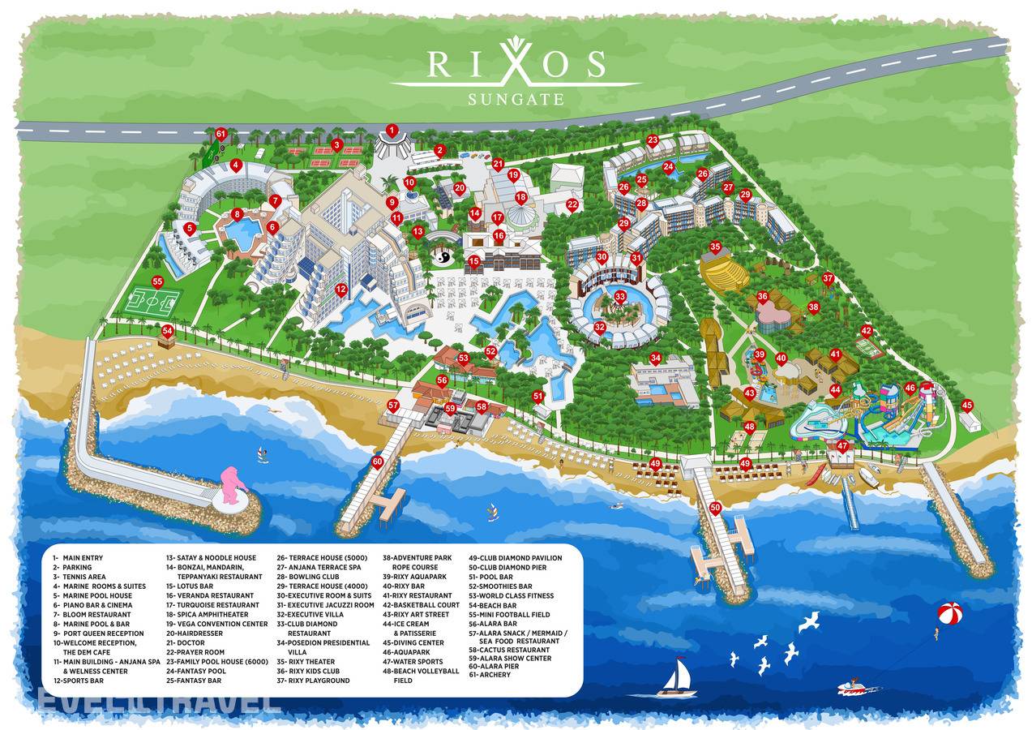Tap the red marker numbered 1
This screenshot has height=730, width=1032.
coord(392,130)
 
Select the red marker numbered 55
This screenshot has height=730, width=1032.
coord(157,281)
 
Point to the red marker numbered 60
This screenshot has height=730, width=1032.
coord(377,462)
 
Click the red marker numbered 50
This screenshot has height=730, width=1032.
coord(715,508)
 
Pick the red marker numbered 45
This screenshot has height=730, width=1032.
coord(967,405)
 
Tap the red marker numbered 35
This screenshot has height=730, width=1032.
coord(715,247)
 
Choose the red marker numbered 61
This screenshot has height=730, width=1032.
coord(221,133)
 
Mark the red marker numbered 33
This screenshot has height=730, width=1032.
coord(620,297)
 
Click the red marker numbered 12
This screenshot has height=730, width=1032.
coord(341,289)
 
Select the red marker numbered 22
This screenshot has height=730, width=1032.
coord(572,204)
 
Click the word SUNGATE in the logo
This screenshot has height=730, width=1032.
coord(516,99)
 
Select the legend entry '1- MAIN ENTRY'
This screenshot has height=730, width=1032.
coord(79,558)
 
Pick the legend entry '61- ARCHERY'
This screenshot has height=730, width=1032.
coord(490,675)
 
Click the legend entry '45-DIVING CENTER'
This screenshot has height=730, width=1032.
coord(413,642)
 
